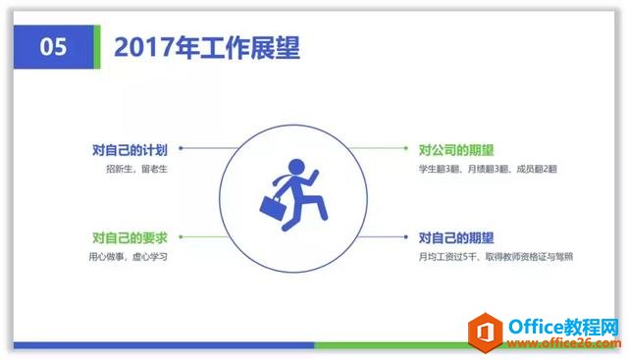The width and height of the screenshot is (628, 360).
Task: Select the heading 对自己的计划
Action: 130,150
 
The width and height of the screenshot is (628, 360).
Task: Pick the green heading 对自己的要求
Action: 130,237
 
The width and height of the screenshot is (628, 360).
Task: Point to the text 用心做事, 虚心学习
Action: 128,257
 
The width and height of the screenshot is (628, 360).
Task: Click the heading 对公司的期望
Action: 456,150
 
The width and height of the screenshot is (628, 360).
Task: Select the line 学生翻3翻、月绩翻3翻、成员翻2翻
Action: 487,170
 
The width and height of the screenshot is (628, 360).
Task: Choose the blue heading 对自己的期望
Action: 456,237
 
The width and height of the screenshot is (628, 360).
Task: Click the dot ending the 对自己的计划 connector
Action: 180,150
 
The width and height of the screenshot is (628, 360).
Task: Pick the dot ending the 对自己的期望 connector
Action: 405,237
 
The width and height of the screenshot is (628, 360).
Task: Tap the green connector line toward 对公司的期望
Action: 378,150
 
